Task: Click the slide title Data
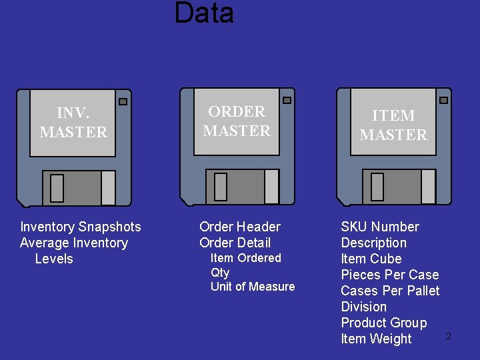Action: coord(204,13)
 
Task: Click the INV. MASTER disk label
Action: coord(73,123)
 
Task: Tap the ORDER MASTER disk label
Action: coord(237,121)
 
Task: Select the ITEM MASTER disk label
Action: coord(393,125)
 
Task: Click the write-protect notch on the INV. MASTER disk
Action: coord(123,102)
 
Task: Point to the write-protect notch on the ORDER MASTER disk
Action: coord(287,100)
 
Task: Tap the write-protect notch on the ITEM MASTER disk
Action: coord(443,100)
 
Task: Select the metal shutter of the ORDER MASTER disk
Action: coord(243,187)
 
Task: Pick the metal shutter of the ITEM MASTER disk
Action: coord(399,187)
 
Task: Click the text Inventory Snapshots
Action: coord(81,227)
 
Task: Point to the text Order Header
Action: coord(240,227)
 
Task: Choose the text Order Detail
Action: coord(235,243)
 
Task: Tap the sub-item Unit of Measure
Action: coord(253,287)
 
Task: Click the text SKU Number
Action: coord(380,227)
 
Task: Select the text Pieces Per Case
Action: coord(390,275)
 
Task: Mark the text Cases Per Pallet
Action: coord(390,291)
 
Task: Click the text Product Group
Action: coord(384,323)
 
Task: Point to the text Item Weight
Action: coord(376,339)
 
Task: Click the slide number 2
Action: coord(449,337)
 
